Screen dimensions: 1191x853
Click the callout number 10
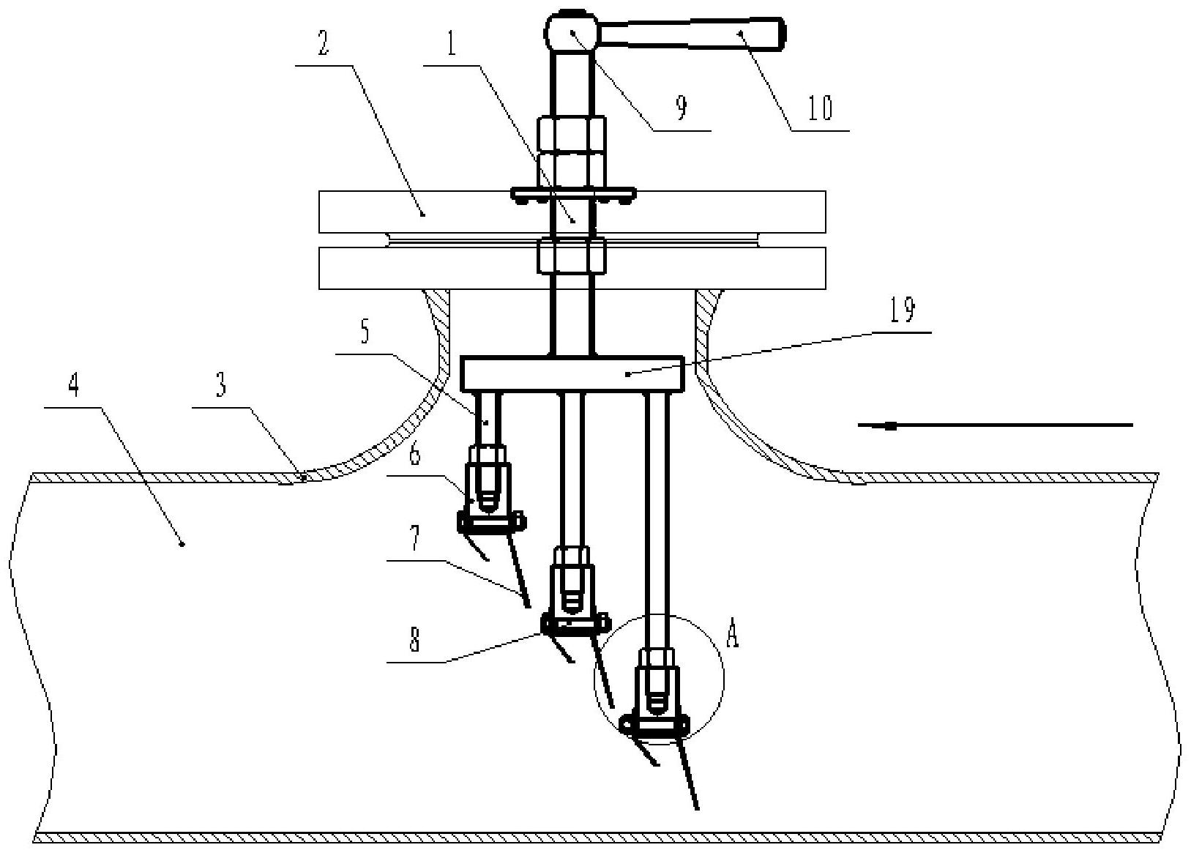(821, 108)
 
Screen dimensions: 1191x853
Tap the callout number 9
(682, 108)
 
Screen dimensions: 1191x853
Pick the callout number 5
(365, 332)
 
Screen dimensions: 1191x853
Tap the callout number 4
(75, 385)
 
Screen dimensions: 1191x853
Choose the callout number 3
(221, 385)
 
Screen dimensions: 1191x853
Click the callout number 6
(415, 453)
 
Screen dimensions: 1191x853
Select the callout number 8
(415, 639)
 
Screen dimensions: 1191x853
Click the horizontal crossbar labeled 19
(572, 374)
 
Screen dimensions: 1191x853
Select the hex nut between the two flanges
(572, 256)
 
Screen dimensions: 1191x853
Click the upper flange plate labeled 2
(572, 212)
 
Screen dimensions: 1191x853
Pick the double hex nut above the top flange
(572, 152)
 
